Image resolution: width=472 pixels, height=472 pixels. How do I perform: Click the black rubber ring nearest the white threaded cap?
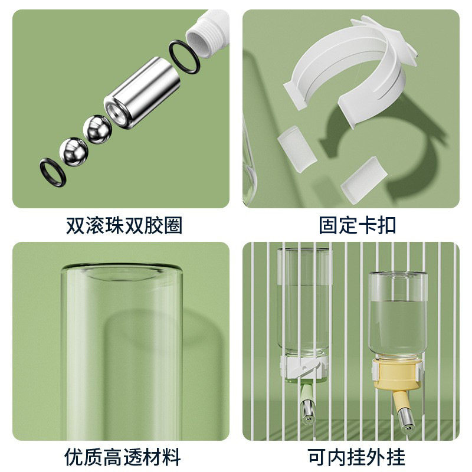coord(182,57)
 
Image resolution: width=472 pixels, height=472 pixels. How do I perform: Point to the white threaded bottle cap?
coord(206,34)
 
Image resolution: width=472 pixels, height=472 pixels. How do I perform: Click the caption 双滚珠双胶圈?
coord(124,225)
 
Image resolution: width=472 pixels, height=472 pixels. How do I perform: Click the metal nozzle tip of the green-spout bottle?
coord(308,411)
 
